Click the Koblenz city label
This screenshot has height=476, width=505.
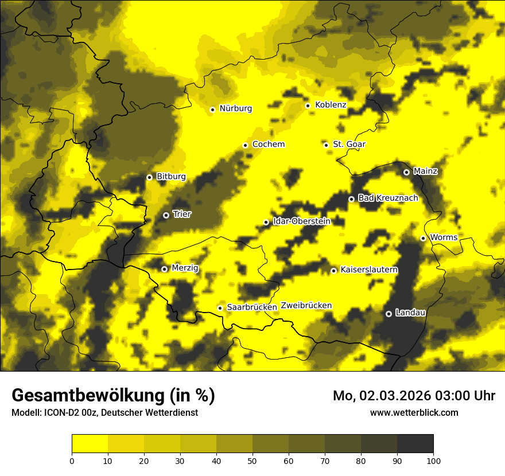click(331, 105)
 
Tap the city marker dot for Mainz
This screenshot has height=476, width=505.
click(406, 172)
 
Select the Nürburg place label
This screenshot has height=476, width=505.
click(235, 108)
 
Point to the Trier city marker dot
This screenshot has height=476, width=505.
click(166, 215)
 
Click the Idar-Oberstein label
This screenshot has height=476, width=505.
click(302, 221)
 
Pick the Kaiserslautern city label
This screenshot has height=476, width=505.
click(369, 270)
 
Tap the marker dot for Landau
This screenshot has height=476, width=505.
click(389, 314)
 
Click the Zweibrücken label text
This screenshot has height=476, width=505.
click(306, 306)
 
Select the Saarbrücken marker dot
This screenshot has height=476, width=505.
click(220, 308)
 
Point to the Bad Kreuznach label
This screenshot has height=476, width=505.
click(388, 198)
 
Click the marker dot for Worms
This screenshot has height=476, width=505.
click(423, 238)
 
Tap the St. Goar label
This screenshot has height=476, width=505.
click(349, 144)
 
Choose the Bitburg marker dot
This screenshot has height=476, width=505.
click(149, 177)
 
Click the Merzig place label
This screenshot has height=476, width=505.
click(185, 268)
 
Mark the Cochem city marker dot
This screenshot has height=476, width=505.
click(245, 145)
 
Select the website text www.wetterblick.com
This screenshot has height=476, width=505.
click(414, 413)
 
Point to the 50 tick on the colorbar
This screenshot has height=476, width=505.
click(252, 461)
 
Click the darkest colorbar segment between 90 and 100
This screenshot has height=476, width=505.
click(415, 443)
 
